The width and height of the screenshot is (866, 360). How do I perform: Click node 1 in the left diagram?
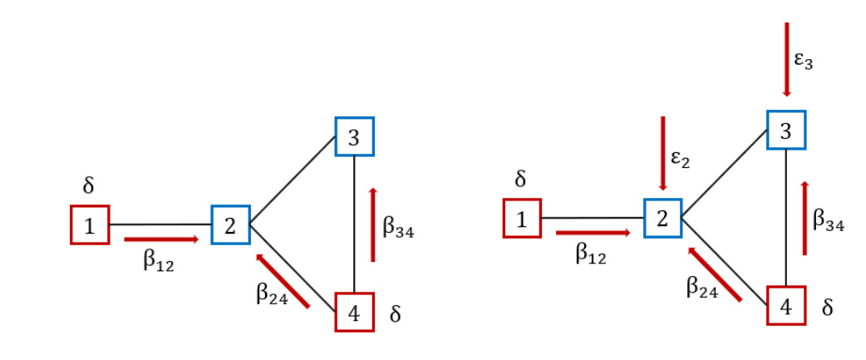89,224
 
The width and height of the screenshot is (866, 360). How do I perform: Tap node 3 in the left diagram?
354,136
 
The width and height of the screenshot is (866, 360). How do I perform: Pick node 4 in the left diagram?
354,313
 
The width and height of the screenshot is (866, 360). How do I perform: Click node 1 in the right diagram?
521,218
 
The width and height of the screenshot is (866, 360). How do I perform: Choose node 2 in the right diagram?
662,218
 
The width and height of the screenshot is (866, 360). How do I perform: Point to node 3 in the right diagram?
786,130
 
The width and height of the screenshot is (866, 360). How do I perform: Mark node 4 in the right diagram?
786,306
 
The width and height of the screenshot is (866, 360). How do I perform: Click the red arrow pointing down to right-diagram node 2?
662,154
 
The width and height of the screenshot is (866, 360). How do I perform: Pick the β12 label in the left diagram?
159,262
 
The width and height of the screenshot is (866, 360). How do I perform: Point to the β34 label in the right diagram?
829,219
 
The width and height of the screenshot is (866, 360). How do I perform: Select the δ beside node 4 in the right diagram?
827,308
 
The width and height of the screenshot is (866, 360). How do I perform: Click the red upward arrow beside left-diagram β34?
372,224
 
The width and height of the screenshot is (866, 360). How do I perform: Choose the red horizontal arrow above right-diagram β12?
593,233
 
